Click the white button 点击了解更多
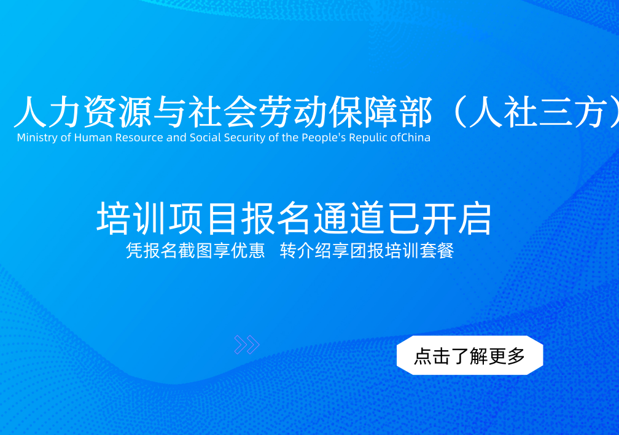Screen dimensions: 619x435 pos(470,355)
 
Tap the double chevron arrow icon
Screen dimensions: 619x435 pos(247,345)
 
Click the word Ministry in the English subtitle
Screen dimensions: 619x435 pos(37,138)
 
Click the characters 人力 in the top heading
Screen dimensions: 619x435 pos(48,112)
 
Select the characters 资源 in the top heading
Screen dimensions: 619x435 pos(118,112)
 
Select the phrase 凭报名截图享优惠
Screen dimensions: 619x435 pos(195,251)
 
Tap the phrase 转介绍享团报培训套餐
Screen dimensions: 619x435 pos(367,251)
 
